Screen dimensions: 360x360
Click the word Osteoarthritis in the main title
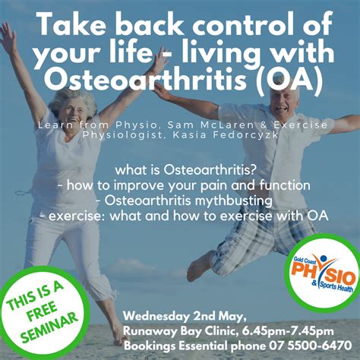click(x=147, y=79)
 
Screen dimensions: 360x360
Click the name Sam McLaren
click(x=210, y=125)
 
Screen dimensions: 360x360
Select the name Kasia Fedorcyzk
click(x=226, y=135)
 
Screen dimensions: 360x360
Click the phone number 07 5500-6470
click(x=310, y=346)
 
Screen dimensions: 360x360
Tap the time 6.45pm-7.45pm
click(x=288, y=331)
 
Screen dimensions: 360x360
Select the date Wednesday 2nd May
click(x=184, y=317)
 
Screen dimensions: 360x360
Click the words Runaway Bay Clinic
click(x=181, y=331)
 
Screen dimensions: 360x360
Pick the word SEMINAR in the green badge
click(x=49, y=327)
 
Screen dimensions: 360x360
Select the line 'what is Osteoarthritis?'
click(x=185, y=170)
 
